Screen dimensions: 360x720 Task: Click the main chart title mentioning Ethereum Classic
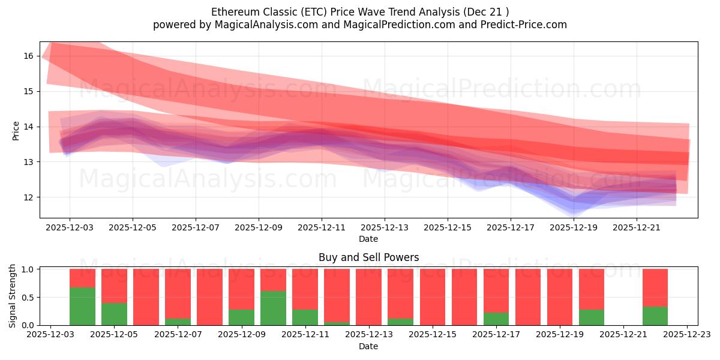360,11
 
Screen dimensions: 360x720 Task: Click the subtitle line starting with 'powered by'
360,25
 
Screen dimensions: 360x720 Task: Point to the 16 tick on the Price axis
28,56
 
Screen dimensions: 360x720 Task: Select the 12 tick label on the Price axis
28,197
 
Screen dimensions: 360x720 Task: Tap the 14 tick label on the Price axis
28,127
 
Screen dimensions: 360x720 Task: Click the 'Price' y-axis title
16,130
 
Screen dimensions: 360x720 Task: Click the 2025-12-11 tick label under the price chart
322,228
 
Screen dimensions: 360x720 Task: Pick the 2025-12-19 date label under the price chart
574,228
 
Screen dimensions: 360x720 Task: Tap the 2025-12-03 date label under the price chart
70,228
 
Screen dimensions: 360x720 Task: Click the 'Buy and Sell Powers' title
368,257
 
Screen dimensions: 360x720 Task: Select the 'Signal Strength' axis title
13,296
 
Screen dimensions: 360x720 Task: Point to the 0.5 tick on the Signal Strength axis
28,297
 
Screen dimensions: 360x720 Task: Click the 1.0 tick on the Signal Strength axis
28,269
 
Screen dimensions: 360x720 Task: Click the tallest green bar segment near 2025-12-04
82,306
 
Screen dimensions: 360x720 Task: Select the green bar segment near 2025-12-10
273,308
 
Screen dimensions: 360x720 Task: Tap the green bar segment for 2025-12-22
655,316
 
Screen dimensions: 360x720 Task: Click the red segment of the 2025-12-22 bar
655,287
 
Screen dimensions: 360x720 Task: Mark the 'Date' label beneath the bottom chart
368,346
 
